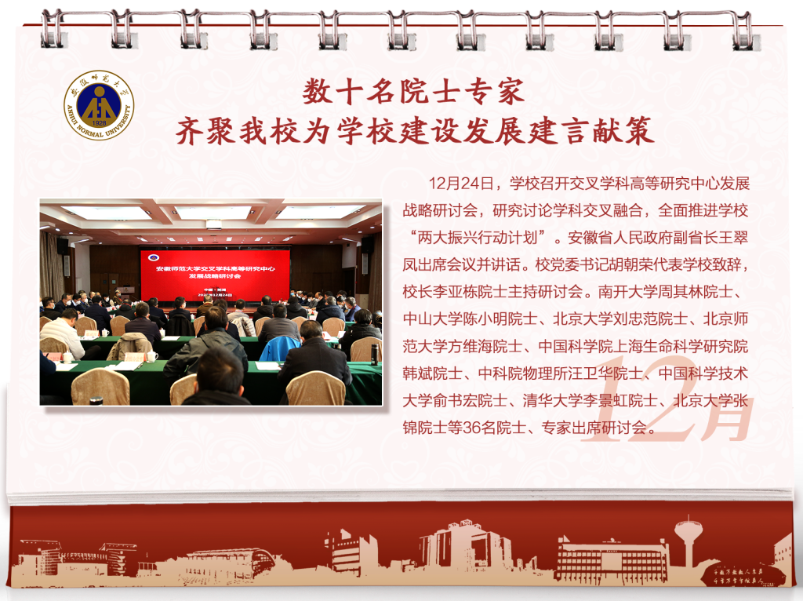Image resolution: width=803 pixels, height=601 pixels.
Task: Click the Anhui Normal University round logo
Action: pos(99,105)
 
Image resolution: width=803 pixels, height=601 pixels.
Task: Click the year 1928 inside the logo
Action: pos(99,123)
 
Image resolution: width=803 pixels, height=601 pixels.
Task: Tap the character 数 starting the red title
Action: pos(318,93)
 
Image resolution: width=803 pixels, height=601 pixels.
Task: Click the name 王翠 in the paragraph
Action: pos(733,237)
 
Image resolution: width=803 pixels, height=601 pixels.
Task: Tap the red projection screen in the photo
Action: pos(215,274)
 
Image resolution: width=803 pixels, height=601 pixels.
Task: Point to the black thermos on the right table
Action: pos(374,354)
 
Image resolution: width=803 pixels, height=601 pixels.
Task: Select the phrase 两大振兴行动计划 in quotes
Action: pos(478,237)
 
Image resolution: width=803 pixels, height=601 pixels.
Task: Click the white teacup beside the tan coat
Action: pos(151,357)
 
